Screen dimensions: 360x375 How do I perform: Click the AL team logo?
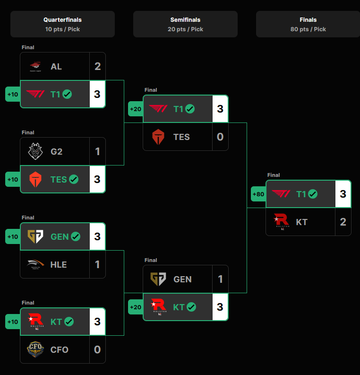pyautogui.click(x=35, y=67)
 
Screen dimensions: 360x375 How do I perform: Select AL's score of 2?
pyautogui.click(x=97, y=66)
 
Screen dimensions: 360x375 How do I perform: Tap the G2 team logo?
pyautogui.click(x=35, y=151)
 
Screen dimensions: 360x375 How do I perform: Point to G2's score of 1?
pyautogui.click(x=97, y=151)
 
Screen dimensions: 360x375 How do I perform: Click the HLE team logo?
pyautogui.click(x=35, y=264)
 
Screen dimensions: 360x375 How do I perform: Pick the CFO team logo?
pyautogui.click(x=35, y=349)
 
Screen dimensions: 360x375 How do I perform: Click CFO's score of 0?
pyautogui.click(x=97, y=349)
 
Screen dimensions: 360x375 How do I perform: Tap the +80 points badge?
pyautogui.click(x=258, y=194)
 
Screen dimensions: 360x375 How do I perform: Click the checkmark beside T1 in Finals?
pyautogui.click(x=313, y=194)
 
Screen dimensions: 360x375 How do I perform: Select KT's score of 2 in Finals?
pyautogui.click(x=343, y=222)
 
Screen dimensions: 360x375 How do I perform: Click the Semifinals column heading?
pyautogui.click(x=185, y=20)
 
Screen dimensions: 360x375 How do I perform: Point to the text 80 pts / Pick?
pyautogui.click(x=308, y=29)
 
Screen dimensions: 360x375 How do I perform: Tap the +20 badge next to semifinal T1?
pyautogui.click(x=136, y=109)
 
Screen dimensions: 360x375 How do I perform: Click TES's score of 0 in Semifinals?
pyautogui.click(x=220, y=137)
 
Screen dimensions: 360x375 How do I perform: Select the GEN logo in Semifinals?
pyautogui.click(x=158, y=279)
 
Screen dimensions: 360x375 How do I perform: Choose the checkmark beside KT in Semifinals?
pyautogui.click(x=191, y=307)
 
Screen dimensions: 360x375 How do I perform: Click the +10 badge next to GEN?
pyautogui.click(x=13, y=237)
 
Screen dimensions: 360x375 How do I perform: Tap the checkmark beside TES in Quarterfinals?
pyautogui.click(x=74, y=179)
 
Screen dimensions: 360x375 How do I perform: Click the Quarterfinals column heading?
pyautogui.click(x=62, y=20)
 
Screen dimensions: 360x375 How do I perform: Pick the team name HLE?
pyautogui.click(x=59, y=265)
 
